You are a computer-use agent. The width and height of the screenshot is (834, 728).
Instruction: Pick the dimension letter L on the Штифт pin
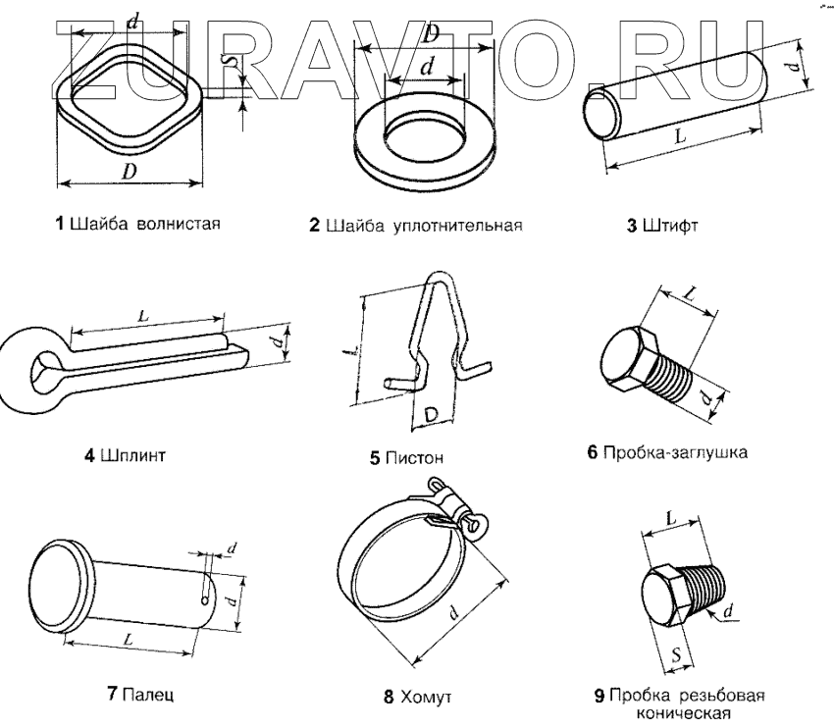coord(679,139)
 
